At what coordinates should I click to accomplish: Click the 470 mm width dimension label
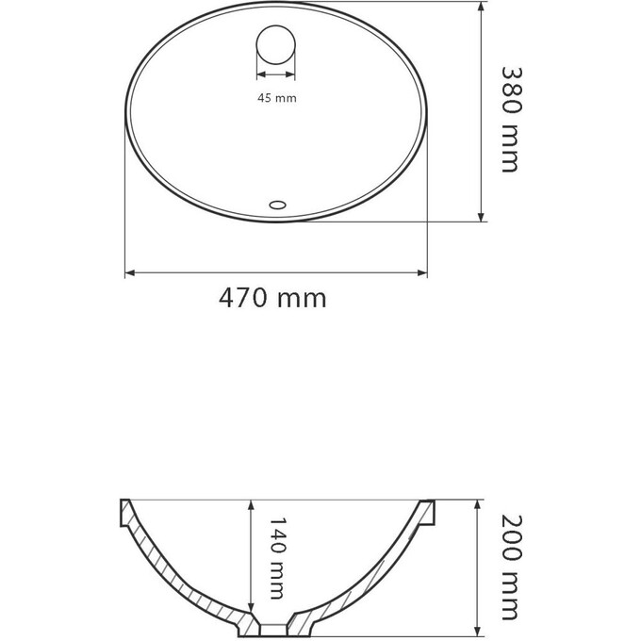pos(272,300)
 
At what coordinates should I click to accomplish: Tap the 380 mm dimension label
pos(509,119)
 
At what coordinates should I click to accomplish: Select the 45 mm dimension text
pos(275,97)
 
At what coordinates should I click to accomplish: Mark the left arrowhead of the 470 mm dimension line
pos(130,273)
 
